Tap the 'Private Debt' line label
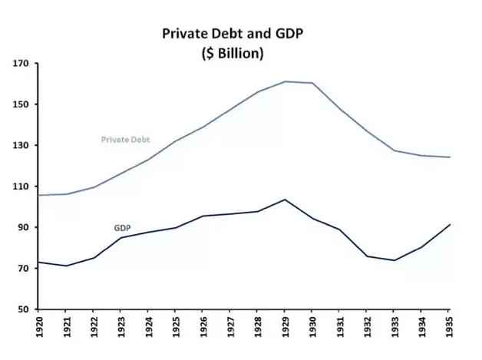[x=125, y=140]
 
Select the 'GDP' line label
[x=122, y=228]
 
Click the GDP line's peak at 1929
[x=285, y=200]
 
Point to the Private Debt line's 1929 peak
[x=285, y=81]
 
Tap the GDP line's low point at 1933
[x=395, y=260]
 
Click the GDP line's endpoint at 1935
[x=449, y=224]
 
